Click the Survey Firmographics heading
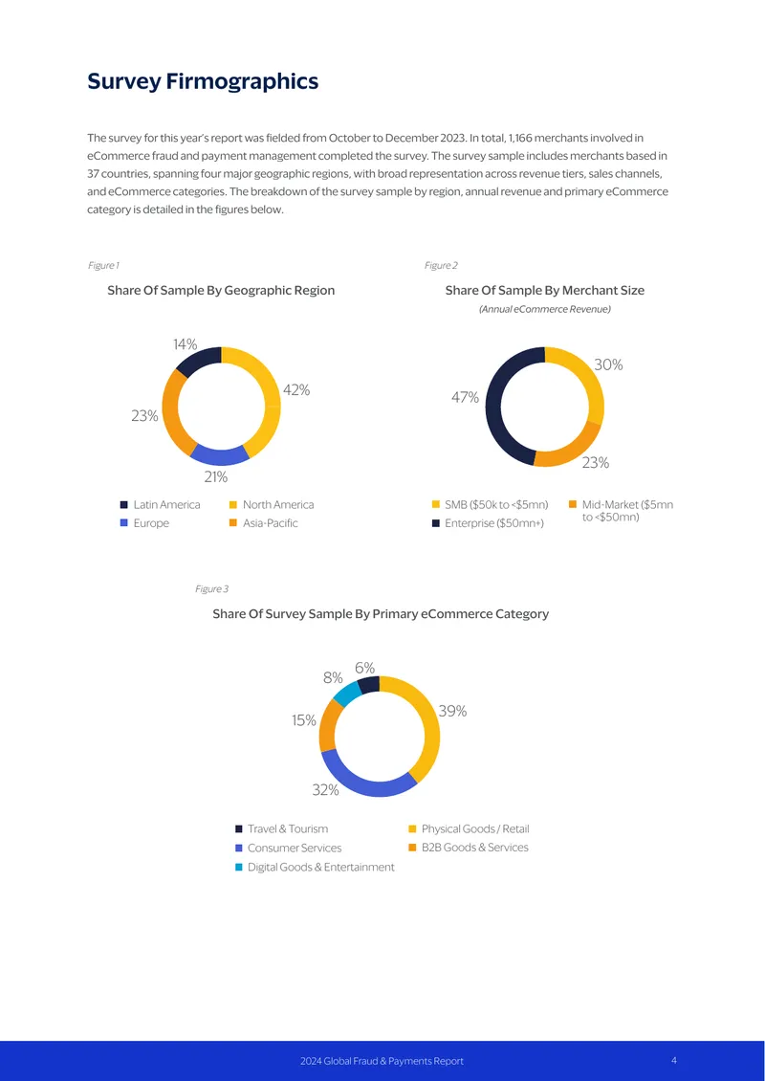click(x=203, y=81)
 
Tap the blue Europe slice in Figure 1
click(x=218, y=454)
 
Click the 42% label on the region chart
click(x=296, y=390)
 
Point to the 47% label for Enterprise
click(x=465, y=397)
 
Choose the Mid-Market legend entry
click(x=621, y=511)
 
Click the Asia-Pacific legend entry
click(x=264, y=523)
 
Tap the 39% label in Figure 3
click(x=453, y=711)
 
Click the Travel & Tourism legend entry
click(x=282, y=828)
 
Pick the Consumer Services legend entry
click(x=288, y=848)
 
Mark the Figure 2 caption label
click(x=441, y=265)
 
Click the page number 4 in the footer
click(x=674, y=1060)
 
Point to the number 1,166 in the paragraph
click(x=520, y=138)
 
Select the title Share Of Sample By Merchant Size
click(x=544, y=290)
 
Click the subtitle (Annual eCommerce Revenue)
click(x=544, y=310)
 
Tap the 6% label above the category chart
click(x=364, y=668)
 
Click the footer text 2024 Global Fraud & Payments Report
click(x=382, y=1061)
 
